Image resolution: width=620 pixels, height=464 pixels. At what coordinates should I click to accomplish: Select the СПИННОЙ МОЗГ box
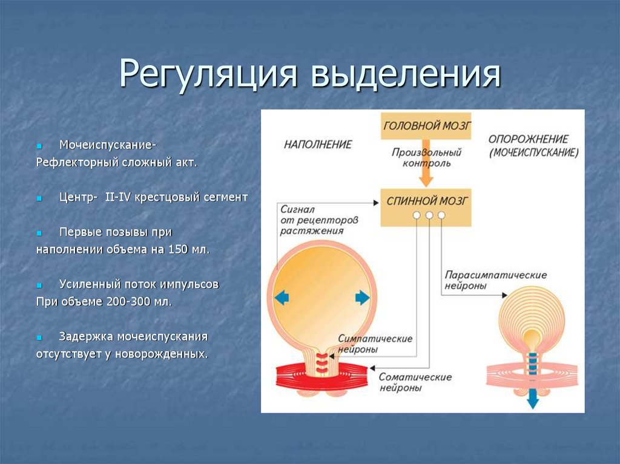pyautogui.click(x=426, y=200)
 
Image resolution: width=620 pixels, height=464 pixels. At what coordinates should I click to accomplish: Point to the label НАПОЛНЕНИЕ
pyautogui.click(x=318, y=145)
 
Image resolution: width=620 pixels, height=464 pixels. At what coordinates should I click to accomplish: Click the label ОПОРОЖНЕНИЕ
pyautogui.click(x=529, y=139)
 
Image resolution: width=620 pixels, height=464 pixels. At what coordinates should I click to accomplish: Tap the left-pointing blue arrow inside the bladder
pyautogui.click(x=282, y=298)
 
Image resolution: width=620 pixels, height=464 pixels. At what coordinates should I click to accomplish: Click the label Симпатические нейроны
pyautogui.click(x=375, y=344)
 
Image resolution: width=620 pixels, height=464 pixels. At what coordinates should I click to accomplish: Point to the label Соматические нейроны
pyautogui.click(x=415, y=382)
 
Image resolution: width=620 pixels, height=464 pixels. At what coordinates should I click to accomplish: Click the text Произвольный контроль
pyautogui.click(x=426, y=157)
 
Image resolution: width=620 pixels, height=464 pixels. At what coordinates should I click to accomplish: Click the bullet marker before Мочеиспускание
pyautogui.click(x=39, y=146)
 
